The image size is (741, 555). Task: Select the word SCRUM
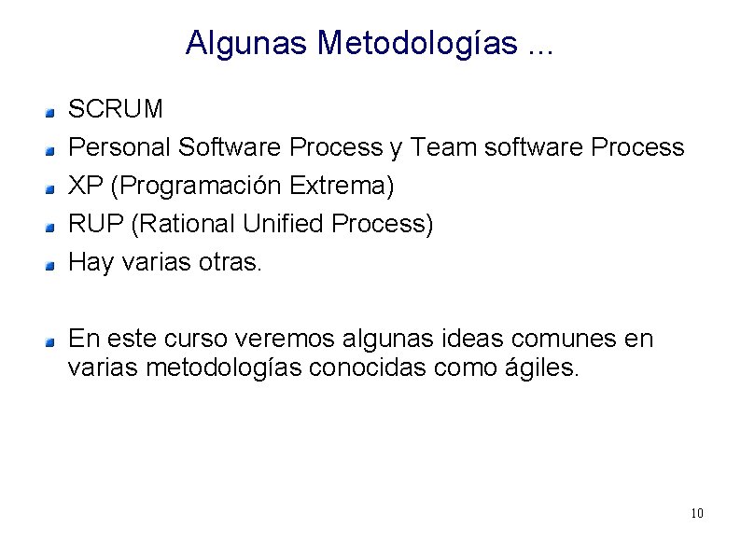click(117, 110)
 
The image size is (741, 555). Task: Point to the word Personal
click(119, 148)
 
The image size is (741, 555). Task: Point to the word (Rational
click(180, 225)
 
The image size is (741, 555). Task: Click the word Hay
click(91, 264)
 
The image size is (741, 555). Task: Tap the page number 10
click(697, 514)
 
